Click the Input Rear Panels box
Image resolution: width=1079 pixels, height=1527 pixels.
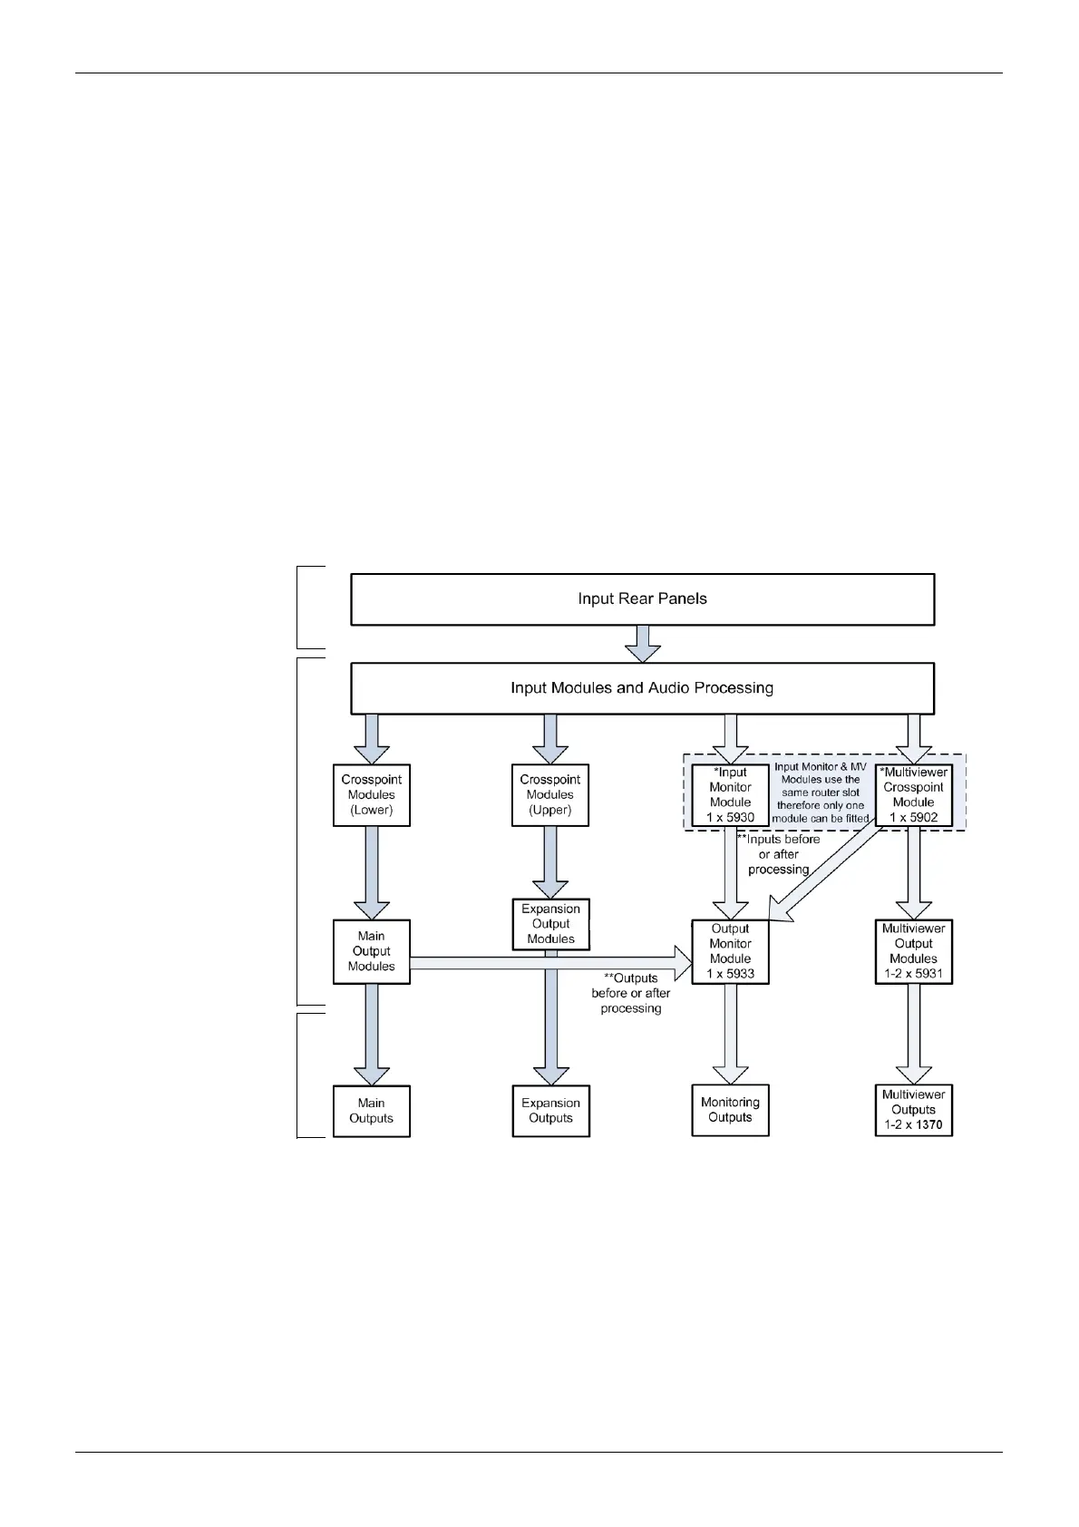click(642, 598)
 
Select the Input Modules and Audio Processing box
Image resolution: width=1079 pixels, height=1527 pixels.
click(642, 687)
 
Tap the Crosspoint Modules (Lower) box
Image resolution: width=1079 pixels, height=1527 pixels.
click(371, 794)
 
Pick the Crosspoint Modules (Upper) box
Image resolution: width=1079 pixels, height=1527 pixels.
click(549, 794)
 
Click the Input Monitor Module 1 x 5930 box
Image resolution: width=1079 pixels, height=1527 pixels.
click(730, 794)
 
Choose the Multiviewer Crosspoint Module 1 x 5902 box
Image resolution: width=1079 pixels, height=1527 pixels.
click(913, 794)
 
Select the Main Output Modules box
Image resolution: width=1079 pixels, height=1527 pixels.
click(371, 951)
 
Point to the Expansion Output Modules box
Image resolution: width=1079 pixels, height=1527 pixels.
click(550, 924)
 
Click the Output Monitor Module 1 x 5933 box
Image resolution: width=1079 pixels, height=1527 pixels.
click(730, 951)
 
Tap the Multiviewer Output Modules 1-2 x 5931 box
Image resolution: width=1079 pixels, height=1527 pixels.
click(913, 951)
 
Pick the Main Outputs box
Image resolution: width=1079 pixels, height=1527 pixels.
click(371, 1111)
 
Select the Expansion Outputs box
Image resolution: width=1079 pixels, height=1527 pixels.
click(550, 1111)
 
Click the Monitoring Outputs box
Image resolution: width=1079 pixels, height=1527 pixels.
click(730, 1110)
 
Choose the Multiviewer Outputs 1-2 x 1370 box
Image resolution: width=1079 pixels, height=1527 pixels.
click(913, 1110)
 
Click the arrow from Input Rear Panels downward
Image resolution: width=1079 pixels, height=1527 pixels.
click(643, 643)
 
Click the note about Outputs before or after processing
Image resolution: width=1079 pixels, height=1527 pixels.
click(631, 993)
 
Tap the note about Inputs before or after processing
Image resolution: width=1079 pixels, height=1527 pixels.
click(779, 854)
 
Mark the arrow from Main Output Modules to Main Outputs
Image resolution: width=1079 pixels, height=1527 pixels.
click(371, 1034)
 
